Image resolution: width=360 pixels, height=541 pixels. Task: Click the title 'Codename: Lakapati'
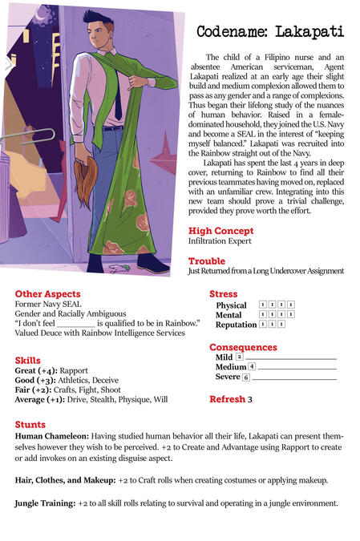269,32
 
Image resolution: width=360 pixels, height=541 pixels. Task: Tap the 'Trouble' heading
207,261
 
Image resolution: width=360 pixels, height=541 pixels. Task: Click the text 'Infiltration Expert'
220,240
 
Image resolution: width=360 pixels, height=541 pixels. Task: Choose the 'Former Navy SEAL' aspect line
47,305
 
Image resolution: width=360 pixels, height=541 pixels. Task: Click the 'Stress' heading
224,294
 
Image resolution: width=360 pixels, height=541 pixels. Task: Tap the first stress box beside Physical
264,305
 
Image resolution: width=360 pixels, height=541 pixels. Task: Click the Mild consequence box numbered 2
239,357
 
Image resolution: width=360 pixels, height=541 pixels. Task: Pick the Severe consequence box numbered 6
246,377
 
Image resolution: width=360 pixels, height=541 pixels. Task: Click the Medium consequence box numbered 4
252,366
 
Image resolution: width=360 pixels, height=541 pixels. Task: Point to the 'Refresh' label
227,399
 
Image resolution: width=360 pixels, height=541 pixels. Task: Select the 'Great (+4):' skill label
36,370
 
